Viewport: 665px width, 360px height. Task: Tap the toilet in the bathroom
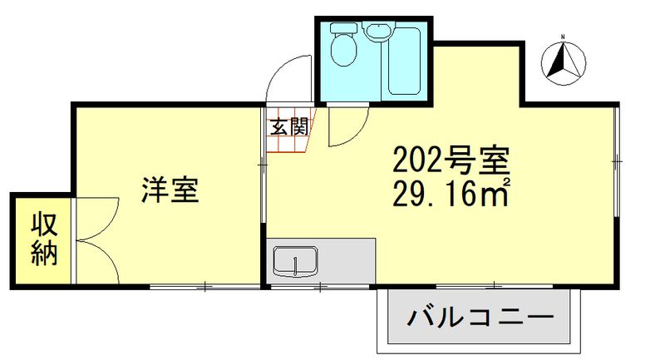coord(342,50)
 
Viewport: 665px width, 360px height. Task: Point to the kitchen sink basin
coord(295,262)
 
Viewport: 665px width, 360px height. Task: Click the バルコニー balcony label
coord(480,318)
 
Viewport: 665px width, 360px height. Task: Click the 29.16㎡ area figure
coord(450,193)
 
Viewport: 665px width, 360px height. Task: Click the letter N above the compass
coord(562,37)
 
